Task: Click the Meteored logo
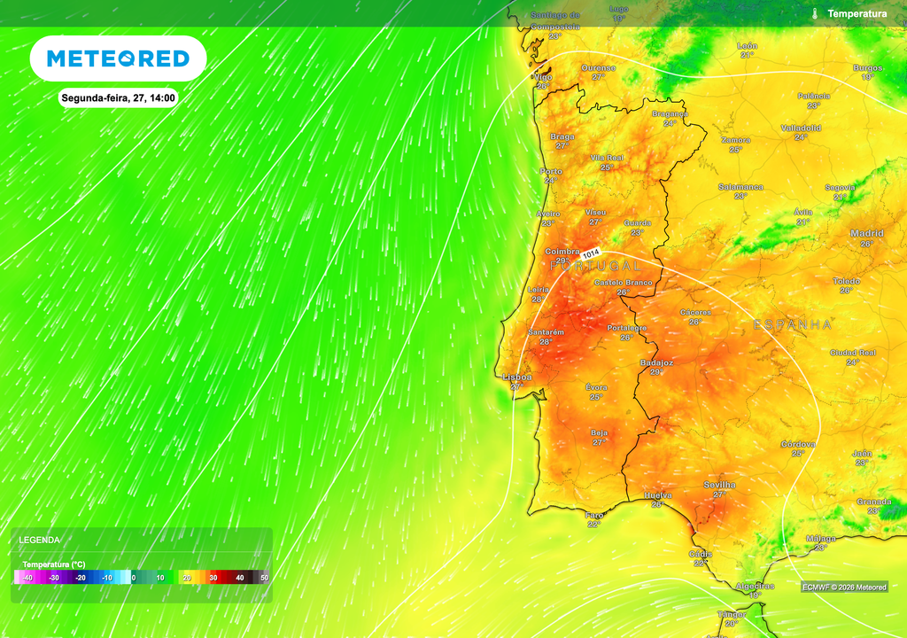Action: [x=118, y=58]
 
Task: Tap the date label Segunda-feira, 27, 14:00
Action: [x=119, y=97]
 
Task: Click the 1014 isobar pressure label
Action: [x=591, y=253]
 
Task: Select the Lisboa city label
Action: [x=517, y=377]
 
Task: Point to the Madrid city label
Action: [x=866, y=233]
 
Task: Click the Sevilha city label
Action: [x=719, y=485]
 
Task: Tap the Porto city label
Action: [x=551, y=171]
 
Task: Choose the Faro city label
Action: [x=594, y=514]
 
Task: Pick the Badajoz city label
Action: [x=656, y=362]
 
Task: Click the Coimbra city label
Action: [x=562, y=252]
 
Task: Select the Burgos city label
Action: [x=867, y=67]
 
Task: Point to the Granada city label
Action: [x=873, y=502]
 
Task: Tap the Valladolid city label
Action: [x=801, y=128]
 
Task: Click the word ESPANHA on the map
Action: [x=793, y=325]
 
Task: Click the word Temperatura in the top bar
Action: [x=857, y=13]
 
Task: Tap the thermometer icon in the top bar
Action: [x=813, y=13]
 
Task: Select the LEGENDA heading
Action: [x=40, y=539]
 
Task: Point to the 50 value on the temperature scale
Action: [x=264, y=578]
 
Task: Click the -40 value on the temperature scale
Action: [x=27, y=578]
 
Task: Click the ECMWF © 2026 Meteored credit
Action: [x=844, y=587]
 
